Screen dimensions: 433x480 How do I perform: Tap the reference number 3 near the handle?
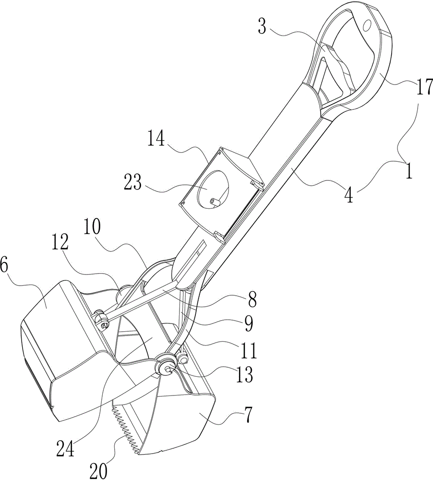[x=263, y=26]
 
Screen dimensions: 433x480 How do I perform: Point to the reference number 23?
[x=132, y=183]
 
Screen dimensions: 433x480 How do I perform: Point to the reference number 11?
[x=248, y=351]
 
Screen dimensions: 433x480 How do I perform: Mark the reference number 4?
[x=349, y=195]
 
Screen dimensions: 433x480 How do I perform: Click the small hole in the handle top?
[x=367, y=25]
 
